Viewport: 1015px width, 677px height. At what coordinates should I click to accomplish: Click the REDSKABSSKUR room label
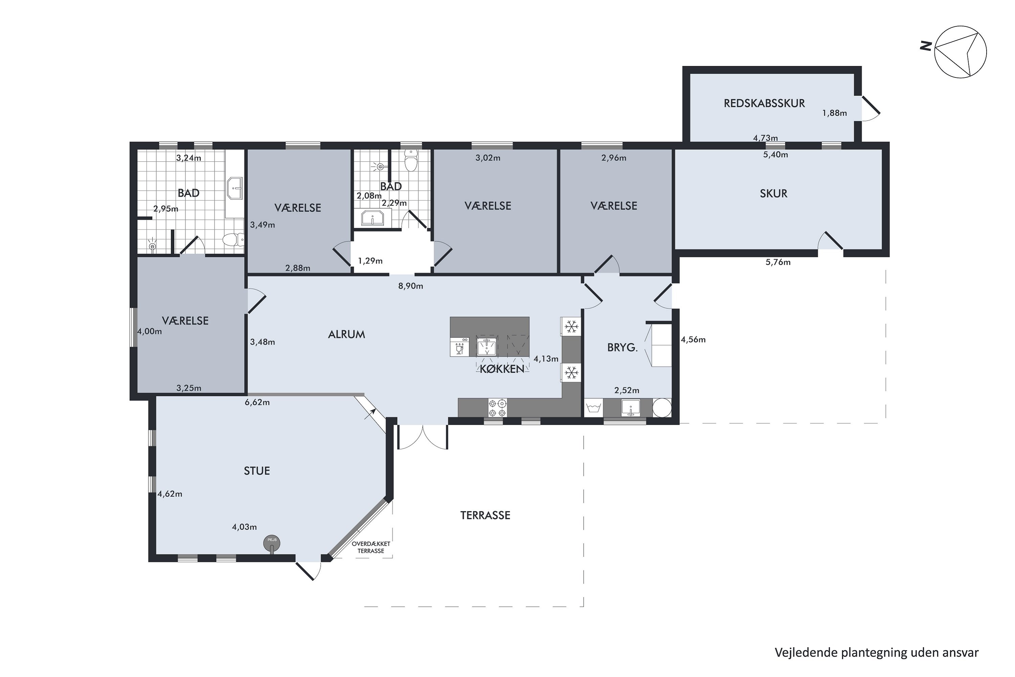pyautogui.click(x=764, y=103)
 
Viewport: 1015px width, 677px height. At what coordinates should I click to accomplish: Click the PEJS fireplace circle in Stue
pyautogui.click(x=272, y=543)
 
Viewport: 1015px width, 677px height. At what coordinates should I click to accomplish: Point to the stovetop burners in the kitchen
pyautogui.click(x=497, y=408)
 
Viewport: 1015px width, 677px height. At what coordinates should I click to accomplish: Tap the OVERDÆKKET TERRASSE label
pyautogui.click(x=371, y=547)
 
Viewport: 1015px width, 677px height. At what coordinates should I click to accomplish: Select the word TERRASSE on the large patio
pyautogui.click(x=485, y=516)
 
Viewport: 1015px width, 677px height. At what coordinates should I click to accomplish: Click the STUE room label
pyautogui.click(x=257, y=471)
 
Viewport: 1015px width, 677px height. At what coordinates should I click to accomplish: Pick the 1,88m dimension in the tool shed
pyautogui.click(x=834, y=113)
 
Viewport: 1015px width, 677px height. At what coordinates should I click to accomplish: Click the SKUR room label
pyautogui.click(x=773, y=193)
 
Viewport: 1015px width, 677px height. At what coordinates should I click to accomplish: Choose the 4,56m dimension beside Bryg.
pyautogui.click(x=693, y=340)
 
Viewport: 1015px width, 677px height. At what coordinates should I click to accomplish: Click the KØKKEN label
pyautogui.click(x=502, y=369)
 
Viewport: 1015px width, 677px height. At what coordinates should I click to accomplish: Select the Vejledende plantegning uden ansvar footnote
pyautogui.click(x=877, y=652)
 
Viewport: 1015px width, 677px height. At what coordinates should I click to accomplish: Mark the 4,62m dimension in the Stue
pyautogui.click(x=170, y=494)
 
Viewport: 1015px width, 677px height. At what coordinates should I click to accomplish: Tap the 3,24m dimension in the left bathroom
pyautogui.click(x=188, y=158)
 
